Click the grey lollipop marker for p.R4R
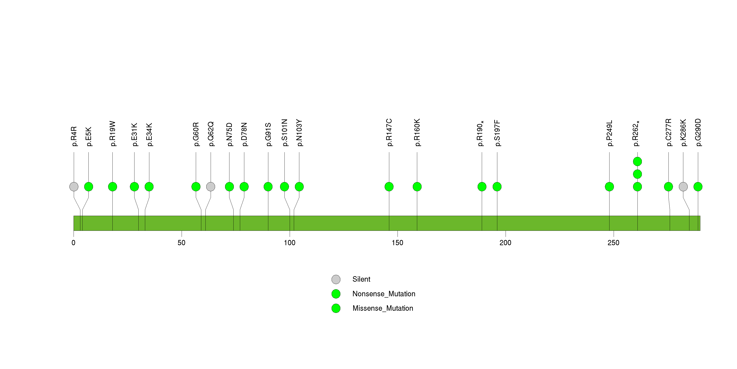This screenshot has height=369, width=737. (74, 187)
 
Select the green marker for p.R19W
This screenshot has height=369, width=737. (112, 187)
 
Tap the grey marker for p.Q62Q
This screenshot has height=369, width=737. (211, 187)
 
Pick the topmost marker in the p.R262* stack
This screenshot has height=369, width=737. (637, 162)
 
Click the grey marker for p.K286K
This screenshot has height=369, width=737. (683, 187)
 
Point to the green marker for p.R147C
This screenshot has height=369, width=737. (389, 187)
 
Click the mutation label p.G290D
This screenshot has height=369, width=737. (698, 133)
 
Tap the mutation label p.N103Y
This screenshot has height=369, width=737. (299, 133)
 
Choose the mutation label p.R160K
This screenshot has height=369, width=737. (417, 133)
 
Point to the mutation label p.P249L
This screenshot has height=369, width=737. (609, 133)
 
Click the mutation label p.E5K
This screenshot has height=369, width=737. (89, 136)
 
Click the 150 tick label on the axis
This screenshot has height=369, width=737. (397, 243)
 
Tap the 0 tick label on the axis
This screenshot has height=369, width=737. (74, 243)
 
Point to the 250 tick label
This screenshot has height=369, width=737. (613, 243)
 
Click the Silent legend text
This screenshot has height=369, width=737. (361, 279)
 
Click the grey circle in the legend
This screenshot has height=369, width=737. (336, 279)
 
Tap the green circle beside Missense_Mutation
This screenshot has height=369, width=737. (336, 308)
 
